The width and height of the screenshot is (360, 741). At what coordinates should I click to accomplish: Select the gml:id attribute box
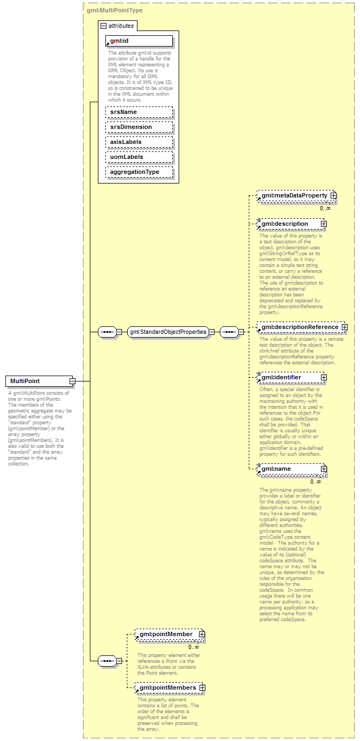[139, 41]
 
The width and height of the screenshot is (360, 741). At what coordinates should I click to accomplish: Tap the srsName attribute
[139, 112]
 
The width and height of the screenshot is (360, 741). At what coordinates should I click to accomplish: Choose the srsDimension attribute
[139, 127]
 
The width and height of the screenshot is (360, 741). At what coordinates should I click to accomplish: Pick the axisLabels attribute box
[139, 142]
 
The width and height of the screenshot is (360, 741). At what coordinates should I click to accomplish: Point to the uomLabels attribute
[139, 157]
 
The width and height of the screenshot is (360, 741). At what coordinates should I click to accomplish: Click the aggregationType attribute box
[139, 172]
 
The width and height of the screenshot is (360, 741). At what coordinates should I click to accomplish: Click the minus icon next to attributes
[104, 26]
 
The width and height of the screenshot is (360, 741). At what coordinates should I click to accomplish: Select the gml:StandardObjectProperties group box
[167, 332]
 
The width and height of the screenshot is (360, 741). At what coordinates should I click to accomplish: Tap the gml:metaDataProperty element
[294, 196]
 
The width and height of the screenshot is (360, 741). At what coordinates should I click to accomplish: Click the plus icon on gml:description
[324, 224]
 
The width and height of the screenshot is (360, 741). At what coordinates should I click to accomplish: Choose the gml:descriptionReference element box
[299, 327]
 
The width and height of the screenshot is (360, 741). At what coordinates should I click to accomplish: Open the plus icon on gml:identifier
[324, 377]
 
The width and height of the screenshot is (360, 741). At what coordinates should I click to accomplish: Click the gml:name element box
[289, 469]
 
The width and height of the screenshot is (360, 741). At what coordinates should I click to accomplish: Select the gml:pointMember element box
[166, 634]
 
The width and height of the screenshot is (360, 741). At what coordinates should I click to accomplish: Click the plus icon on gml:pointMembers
[202, 687]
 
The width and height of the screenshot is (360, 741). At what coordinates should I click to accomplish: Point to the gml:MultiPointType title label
[114, 10]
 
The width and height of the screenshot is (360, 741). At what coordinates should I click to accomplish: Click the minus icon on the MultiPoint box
[72, 381]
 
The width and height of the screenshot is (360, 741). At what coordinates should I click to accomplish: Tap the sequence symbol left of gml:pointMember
[108, 661]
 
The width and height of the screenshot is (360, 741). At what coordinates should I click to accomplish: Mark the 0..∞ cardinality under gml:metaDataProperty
[325, 208]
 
